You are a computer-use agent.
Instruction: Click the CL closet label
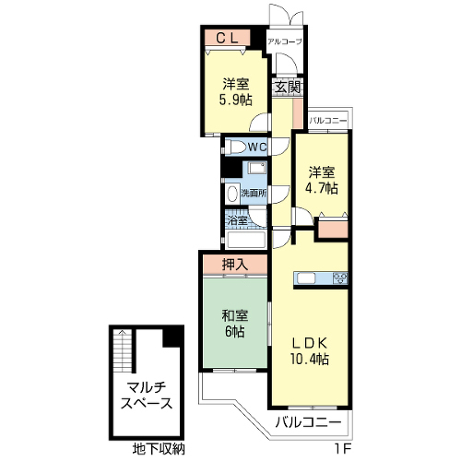click(227, 38)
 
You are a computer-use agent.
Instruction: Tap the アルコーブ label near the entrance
click(285, 41)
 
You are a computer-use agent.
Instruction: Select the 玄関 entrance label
click(288, 88)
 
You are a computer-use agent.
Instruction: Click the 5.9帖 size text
click(236, 100)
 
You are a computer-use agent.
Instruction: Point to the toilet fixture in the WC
click(236, 148)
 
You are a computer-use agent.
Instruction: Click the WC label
click(257, 148)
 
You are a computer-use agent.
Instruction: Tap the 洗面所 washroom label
click(254, 194)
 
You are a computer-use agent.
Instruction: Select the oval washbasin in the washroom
click(232, 194)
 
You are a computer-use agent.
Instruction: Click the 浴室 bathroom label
click(237, 220)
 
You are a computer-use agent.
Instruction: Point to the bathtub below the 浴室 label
click(246, 240)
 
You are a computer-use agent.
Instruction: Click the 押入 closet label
click(235, 265)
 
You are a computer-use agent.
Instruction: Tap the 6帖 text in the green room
click(235, 331)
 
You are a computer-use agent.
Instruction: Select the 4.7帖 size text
click(321, 188)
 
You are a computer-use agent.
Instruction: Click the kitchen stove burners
click(339, 278)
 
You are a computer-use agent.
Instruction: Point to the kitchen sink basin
click(306, 278)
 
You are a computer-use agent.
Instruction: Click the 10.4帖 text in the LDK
click(310, 359)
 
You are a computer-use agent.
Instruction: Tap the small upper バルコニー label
click(328, 121)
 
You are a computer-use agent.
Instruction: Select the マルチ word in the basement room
click(147, 387)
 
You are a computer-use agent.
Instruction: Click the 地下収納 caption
click(159, 449)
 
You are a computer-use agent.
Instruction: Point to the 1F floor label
click(342, 450)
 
